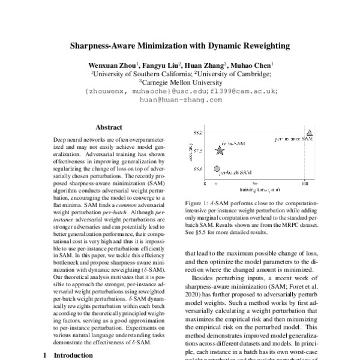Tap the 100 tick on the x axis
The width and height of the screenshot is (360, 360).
[x=305, y=182]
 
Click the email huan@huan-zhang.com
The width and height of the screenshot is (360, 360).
[x=180, y=100]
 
